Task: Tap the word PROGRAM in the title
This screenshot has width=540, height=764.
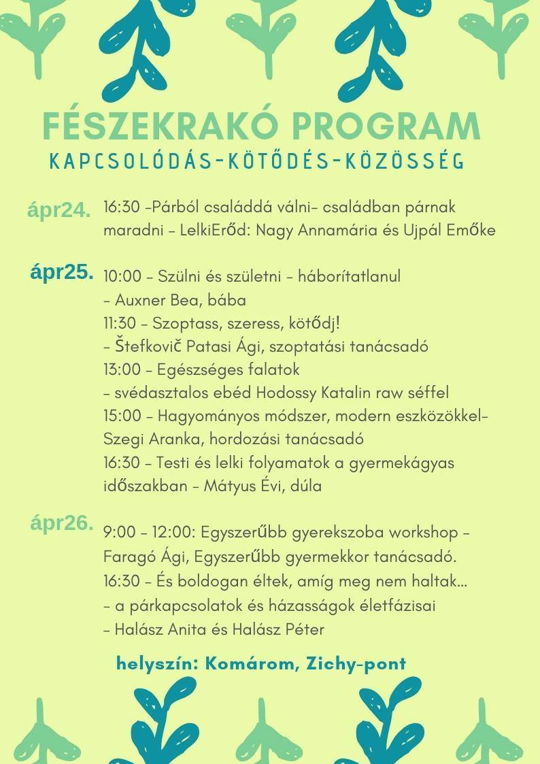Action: coord(386,126)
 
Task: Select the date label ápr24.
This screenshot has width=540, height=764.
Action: coord(59,210)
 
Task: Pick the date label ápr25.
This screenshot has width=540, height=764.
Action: coord(62,272)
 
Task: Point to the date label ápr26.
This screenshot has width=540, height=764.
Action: coord(62,523)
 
